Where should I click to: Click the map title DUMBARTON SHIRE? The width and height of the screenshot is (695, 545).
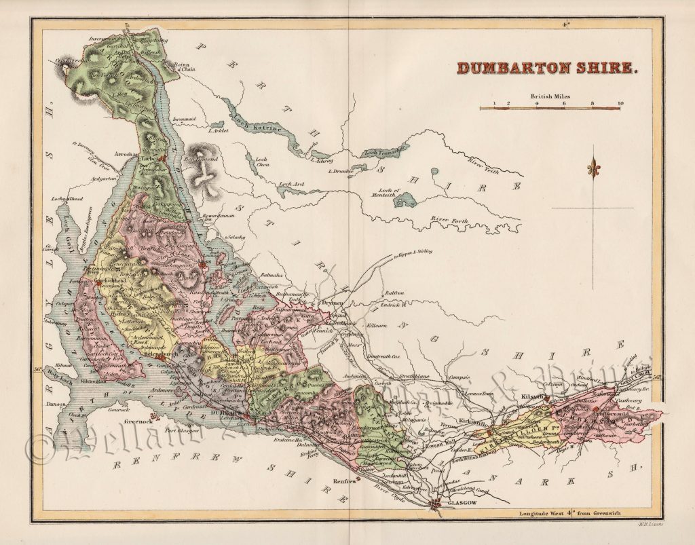point(547,68)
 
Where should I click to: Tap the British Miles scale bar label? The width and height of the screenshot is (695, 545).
point(550,96)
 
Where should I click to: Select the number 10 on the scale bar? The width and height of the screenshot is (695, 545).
point(619,104)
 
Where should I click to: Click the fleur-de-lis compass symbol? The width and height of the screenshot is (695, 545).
point(595,167)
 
